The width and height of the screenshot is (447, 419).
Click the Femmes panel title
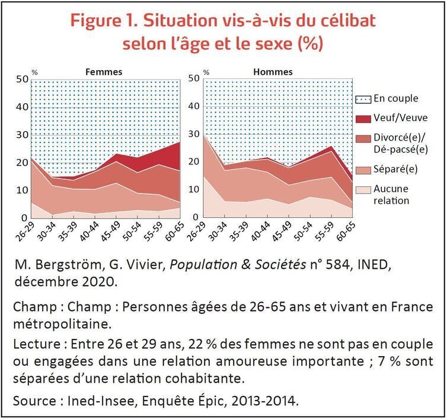pyautogui.click(x=104, y=72)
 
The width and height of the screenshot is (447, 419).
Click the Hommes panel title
pyautogui.click(x=273, y=72)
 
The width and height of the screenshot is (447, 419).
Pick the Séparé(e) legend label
pyautogui.click(x=395, y=169)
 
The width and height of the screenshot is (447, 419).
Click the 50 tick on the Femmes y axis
pyautogui.click(x=22, y=79)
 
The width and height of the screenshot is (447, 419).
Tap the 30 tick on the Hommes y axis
pyautogui.click(x=193, y=135)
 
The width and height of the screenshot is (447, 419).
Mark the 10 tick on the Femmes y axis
pyautogui.click(x=22, y=191)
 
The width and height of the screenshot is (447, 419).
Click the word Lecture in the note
pyautogui.click(x=37, y=345)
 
